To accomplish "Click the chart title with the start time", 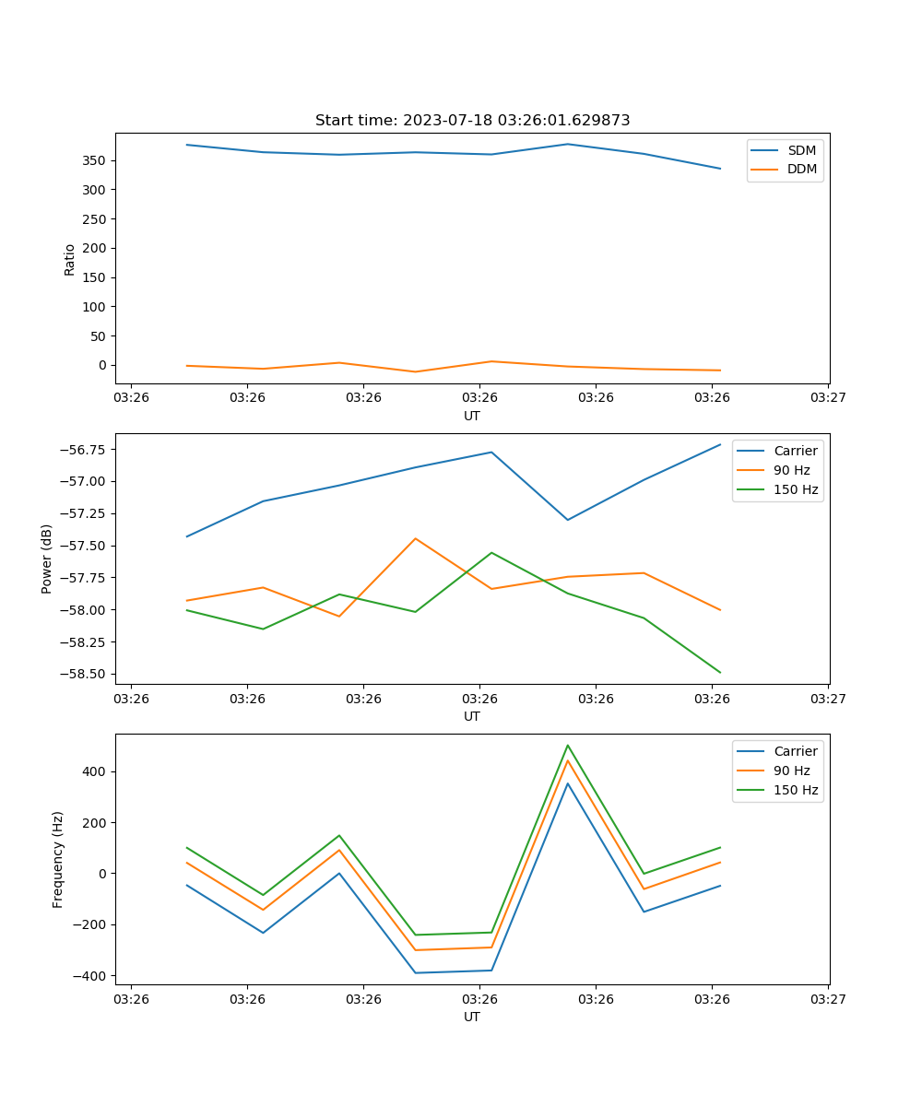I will (x=472, y=121).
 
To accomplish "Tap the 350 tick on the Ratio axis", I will (x=94, y=160).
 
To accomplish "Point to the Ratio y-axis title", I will (x=70, y=259).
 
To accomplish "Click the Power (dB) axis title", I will (x=47, y=559).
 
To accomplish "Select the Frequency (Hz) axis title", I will (x=58, y=859).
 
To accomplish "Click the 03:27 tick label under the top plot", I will (x=827, y=398).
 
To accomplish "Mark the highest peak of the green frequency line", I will (x=568, y=745).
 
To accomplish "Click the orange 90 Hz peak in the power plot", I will (x=415, y=538).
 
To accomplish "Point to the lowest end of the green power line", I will (x=720, y=673).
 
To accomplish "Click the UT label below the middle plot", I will (x=472, y=716).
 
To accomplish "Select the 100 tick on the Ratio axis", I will (x=94, y=307).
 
